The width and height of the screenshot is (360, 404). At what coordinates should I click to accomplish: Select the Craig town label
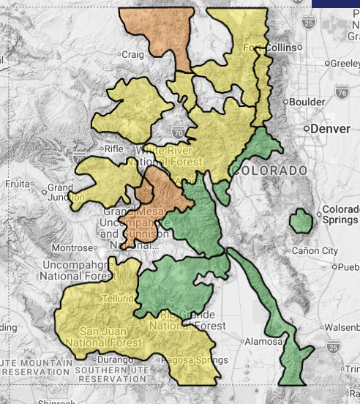(x=133, y=54)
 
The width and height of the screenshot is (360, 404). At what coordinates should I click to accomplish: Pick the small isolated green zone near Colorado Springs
(x=300, y=220)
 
